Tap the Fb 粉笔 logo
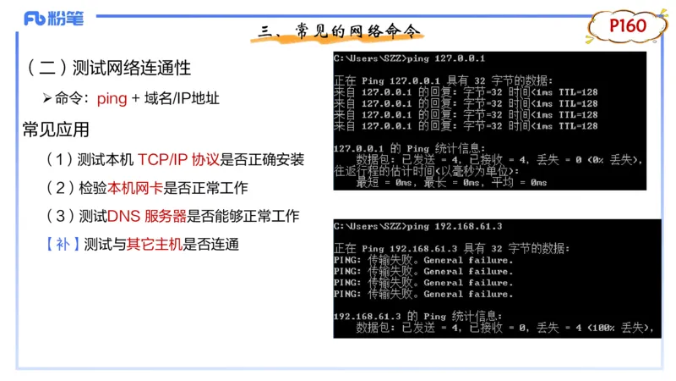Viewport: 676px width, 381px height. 54,18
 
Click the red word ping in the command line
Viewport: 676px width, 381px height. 112,98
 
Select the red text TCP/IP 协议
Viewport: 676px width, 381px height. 178,159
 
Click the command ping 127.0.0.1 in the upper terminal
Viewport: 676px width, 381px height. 445,58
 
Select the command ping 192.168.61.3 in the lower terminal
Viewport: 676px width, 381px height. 454,226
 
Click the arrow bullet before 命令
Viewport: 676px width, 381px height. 47,98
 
